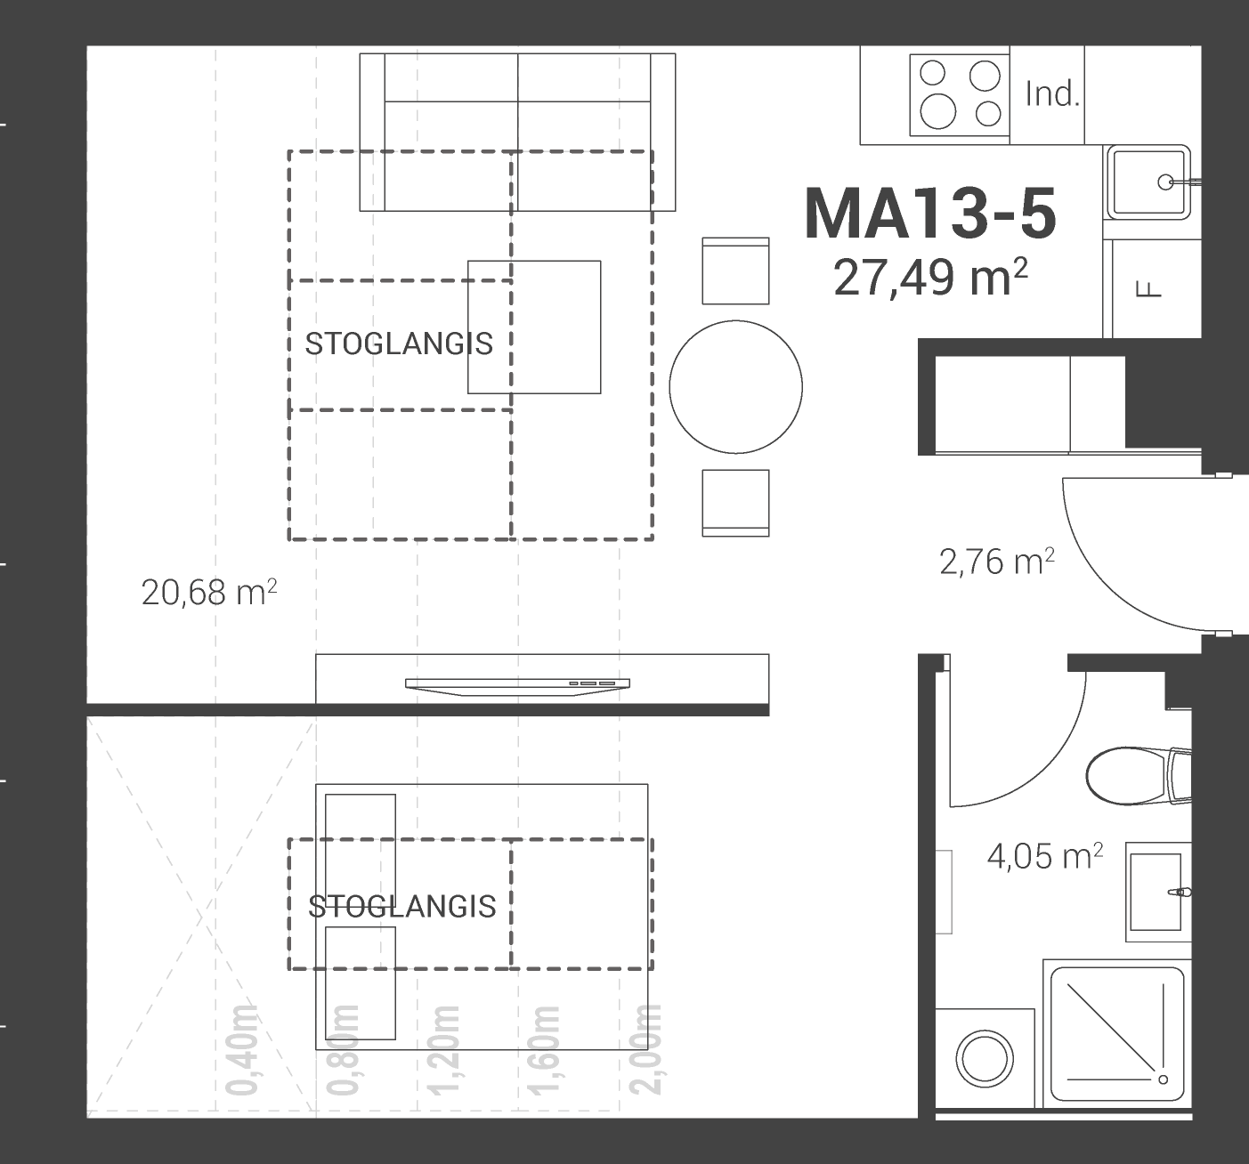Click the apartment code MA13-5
930,214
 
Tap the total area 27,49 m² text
931,278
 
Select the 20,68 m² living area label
209,593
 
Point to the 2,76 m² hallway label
997,562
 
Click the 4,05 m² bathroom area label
1044,856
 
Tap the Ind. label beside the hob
1052,95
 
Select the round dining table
736,387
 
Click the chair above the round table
736,271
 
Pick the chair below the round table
736,503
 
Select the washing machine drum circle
985,1059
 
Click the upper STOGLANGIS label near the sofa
399,344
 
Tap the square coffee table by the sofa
534,327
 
